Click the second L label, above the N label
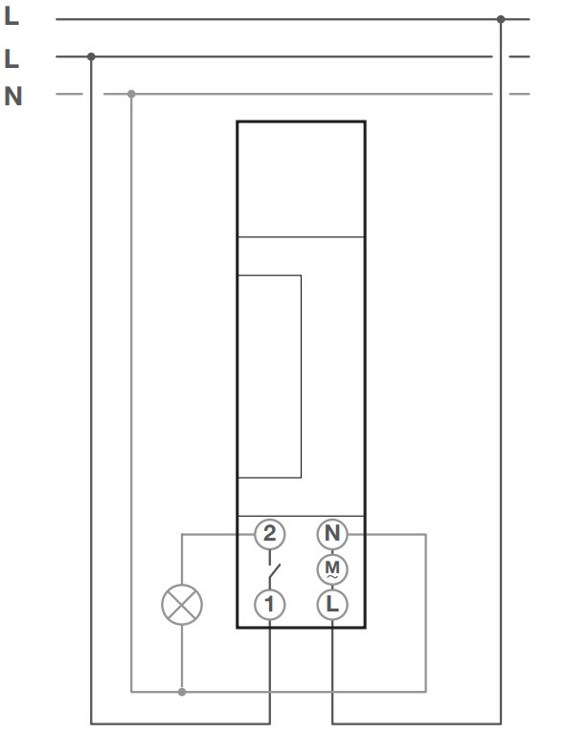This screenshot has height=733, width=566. pyautogui.click(x=11, y=58)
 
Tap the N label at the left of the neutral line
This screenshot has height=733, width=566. pyautogui.click(x=13, y=97)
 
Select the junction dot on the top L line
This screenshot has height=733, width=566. pyautogui.click(x=501, y=19)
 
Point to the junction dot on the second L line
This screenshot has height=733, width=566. pyautogui.click(x=91, y=56)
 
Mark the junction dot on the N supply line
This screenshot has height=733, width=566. pyautogui.click(x=131, y=94)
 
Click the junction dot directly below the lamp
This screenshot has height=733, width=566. pyautogui.click(x=182, y=692)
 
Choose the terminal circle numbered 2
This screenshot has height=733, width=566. pyautogui.click(x=269, y=534)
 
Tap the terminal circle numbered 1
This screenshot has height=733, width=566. pyautogui.click(x=269, y=604)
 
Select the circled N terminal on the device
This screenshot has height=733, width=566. pyautogui.click(x=332, y=534)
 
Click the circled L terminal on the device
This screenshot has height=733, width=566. pyautogui.click(x=332, y=604)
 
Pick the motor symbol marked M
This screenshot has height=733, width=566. pyautogui.click(x=332, y=569)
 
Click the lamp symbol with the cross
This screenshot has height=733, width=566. pyautogui.click(x=182, y=605)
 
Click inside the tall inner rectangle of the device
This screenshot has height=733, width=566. pyautogui.click(x=269, y=376)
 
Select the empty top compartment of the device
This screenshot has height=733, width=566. pyautogui.click(x=301, y=180)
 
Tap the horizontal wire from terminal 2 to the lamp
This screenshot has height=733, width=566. pyautogui.click(x=218, y=534)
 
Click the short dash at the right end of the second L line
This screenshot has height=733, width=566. pyautogui.click(x=519, y=56)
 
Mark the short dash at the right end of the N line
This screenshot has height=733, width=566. pyautogui.click(x=519, y=94)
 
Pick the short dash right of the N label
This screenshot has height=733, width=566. pyautogui.click(x=69, y=94)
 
